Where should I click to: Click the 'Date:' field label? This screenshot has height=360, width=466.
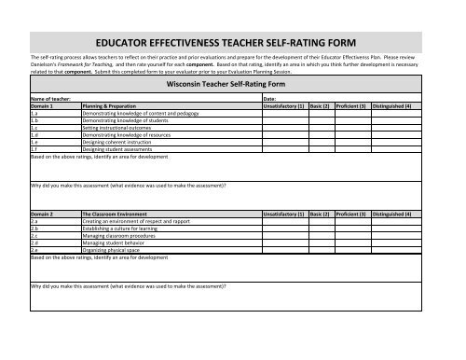click(x=269, y=97)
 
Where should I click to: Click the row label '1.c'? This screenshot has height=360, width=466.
click(x=35, y=128)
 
